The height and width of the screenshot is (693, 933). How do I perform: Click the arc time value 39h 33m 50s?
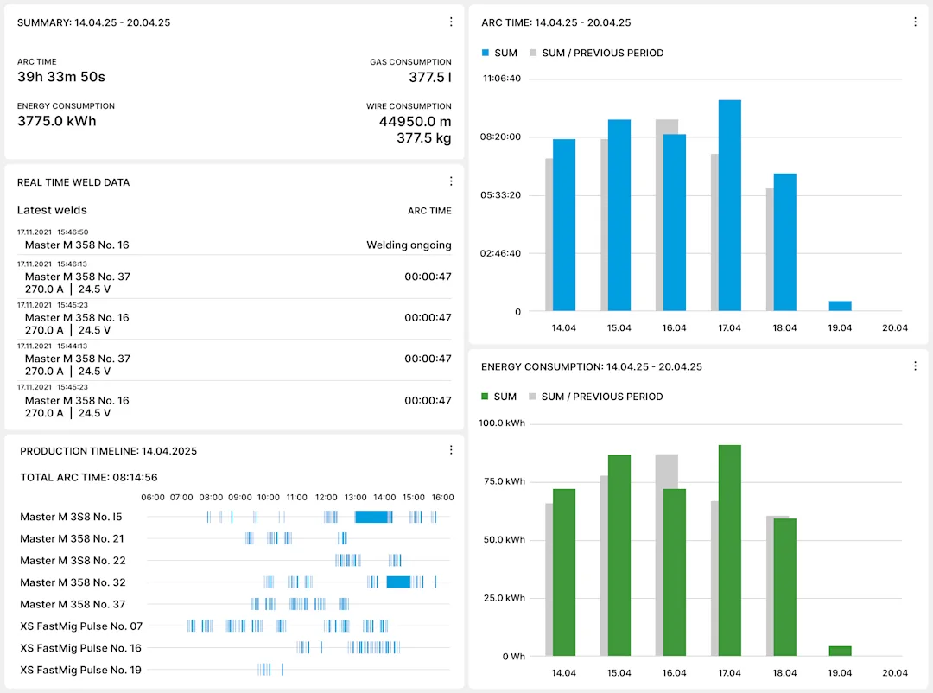pos(61,77)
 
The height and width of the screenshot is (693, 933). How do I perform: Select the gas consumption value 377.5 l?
pos(429,77)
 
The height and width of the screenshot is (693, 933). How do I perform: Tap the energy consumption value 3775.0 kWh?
pos(57,121)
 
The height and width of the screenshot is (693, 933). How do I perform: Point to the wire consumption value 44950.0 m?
pos(415,121)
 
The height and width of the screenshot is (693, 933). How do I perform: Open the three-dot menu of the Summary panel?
pos(451,22)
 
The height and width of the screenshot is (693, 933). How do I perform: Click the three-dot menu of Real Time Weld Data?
pos(451,181)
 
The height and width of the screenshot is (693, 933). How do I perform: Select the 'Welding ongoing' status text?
pos(409,245)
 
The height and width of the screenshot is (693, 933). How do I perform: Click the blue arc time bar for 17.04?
pos(730,206)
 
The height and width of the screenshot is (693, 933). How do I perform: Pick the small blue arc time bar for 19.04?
pos(840,306)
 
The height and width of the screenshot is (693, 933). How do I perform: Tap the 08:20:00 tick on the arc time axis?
pos(500,137)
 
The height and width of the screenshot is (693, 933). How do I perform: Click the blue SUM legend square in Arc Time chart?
pos(486,53)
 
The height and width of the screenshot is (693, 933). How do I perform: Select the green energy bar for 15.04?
pos(619,555)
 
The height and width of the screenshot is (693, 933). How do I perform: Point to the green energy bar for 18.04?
pos(784,587)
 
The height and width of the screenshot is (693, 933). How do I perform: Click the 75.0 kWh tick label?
pos(503,481)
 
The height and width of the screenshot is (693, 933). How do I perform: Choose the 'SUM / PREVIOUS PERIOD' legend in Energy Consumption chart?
pos(602,397)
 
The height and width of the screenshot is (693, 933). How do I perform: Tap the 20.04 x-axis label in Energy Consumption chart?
pos(895,672)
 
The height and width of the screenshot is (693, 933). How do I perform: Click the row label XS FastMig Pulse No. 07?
pos(81,626)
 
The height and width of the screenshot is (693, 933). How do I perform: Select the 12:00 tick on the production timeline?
pos(327,497)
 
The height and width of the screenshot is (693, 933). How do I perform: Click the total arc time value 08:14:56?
pos(134,477)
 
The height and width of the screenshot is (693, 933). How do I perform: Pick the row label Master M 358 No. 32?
pos(73,582)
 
